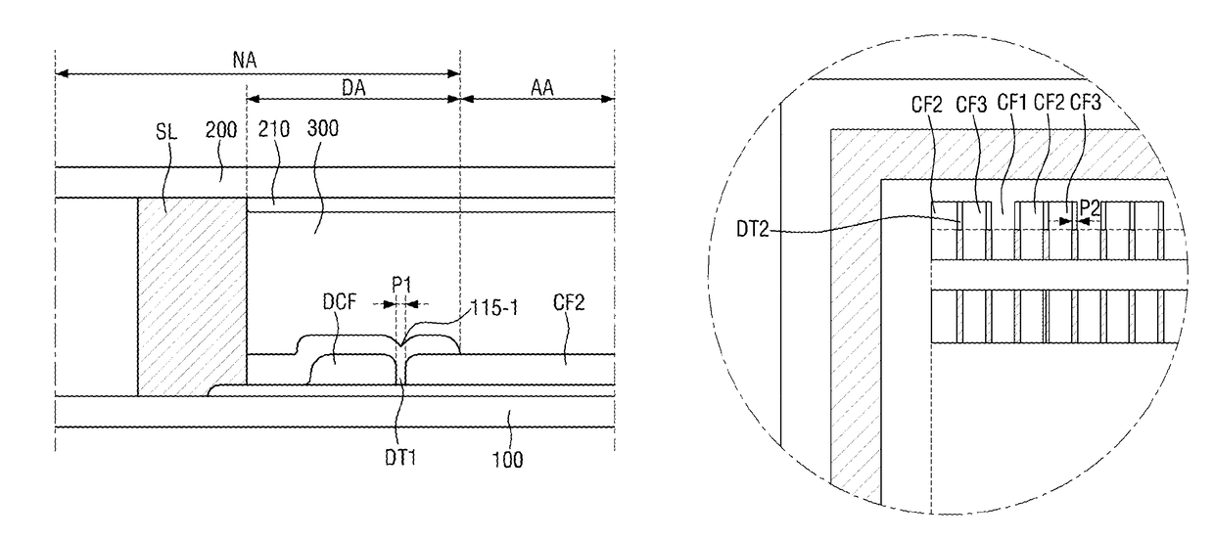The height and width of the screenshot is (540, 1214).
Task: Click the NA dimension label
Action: point(245,60)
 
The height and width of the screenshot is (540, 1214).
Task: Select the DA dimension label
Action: point(353,88)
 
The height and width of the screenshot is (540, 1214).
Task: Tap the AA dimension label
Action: point(542,88)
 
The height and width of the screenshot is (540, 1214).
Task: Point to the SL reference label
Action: point(166,132)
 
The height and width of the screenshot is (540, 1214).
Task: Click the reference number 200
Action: point(221,130)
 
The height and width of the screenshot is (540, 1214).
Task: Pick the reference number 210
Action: point(274,129)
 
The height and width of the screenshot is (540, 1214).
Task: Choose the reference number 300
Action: point(322,128)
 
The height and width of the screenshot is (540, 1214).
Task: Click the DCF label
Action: point(340,302)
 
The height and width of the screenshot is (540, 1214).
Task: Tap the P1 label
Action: point(401,285)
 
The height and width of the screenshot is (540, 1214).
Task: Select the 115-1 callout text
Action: point(494,308)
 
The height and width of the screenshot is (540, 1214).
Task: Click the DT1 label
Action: point(400,458)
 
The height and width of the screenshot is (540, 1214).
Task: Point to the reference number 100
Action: point(507,460)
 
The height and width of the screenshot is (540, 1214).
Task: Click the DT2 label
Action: point(752,230)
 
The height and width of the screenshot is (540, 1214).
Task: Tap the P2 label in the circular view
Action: point(1090,207)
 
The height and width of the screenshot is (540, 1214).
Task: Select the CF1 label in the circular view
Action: point(1012,102)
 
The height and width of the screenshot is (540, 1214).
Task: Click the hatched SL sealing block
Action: point(192,296)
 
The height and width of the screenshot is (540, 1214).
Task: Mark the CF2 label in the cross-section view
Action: point(569,302)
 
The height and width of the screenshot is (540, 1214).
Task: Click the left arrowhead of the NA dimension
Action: point(62,73)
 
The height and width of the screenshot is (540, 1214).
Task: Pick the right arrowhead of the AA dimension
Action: point(608,99)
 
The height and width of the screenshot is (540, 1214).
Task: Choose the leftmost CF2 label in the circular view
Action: point(927,105)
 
